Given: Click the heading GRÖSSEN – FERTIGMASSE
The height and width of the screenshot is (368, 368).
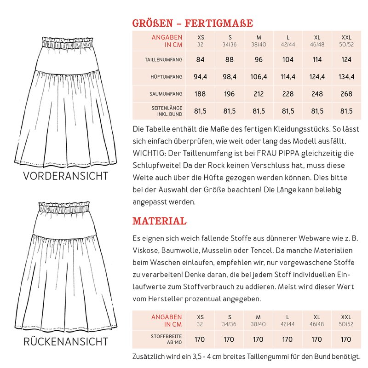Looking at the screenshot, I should (192, 23).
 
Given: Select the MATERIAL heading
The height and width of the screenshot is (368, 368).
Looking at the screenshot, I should (159, 221).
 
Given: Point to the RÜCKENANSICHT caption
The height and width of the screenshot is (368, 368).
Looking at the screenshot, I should (66, 341).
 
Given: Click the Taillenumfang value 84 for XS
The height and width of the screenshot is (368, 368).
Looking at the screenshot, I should (200, 59).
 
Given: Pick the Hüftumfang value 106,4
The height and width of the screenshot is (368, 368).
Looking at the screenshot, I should (259, 77).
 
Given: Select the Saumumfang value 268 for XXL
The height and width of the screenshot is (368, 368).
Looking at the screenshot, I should (347, 94).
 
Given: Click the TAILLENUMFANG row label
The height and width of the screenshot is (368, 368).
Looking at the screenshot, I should (164, 60).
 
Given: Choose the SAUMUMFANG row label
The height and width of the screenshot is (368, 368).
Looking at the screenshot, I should (166, 94).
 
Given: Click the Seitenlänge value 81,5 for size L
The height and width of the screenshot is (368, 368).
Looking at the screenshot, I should (288, 111).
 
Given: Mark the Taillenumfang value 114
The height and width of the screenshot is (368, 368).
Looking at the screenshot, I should (317, 59).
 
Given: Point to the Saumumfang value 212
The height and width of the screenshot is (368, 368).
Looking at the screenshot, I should (259, 94).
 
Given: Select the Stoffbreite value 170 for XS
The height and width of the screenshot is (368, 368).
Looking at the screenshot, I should (200, 339).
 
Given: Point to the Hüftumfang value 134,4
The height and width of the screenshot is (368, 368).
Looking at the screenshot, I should (347, 77).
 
